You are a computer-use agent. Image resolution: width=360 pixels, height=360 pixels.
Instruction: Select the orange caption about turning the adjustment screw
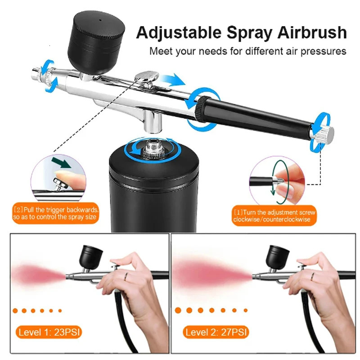click(x=274, y=216)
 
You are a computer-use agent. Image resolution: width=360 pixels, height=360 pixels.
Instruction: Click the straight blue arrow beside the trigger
click(x=173, y=80)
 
